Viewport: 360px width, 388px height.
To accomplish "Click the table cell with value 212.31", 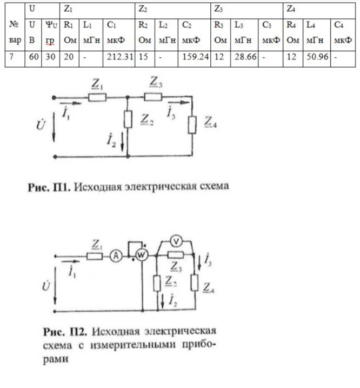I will pos(119,57).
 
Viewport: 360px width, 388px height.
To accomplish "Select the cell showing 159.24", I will pos(196,57).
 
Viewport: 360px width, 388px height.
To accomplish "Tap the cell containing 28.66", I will pos(245,57).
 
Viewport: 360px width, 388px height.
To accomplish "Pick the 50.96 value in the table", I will pos(317,57).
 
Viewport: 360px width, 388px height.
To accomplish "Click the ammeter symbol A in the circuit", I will pos(115,258).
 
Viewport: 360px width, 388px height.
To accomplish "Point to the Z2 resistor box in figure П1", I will pos(128,119).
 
